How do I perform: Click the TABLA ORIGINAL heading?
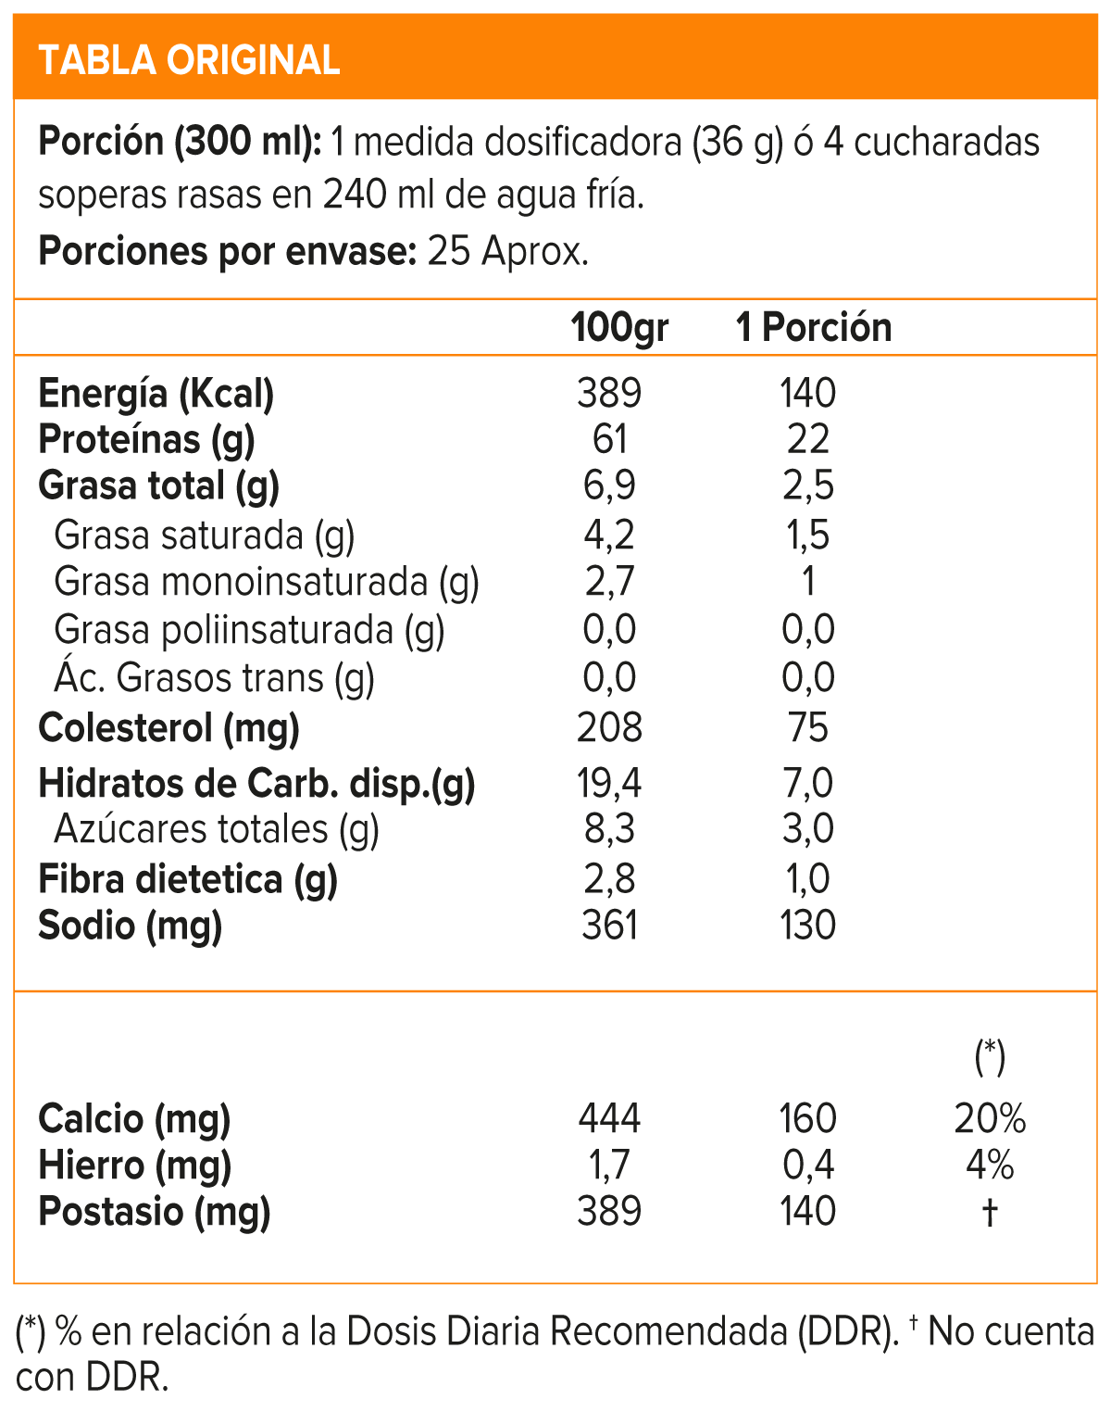click(189, 60)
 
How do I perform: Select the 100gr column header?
click(619, 328)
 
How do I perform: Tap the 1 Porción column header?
click(814, 328)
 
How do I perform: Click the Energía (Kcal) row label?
click(156, 394)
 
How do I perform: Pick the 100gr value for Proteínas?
click(609, 439)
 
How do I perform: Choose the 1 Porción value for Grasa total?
click(808, 485)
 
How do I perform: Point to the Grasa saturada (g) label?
click(205, 536)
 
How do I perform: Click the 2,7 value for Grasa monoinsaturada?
click(609, 582)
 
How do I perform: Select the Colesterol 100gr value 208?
click(609, 728)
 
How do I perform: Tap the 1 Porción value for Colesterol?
click(808, 728)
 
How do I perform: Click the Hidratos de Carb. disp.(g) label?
click(256, 784)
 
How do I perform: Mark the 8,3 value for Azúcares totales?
click(609, 829)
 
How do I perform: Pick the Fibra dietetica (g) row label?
click(188, 879)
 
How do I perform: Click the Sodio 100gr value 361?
click(609, 926)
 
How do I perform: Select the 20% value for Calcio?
click(990, 1119)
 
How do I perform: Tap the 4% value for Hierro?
click(990, 1166)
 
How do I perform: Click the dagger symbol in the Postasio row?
click(990, 1212)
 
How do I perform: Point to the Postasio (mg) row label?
click(155, 1212)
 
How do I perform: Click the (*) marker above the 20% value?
click(990, 1056)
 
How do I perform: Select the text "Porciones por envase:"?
click(228, 251)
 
